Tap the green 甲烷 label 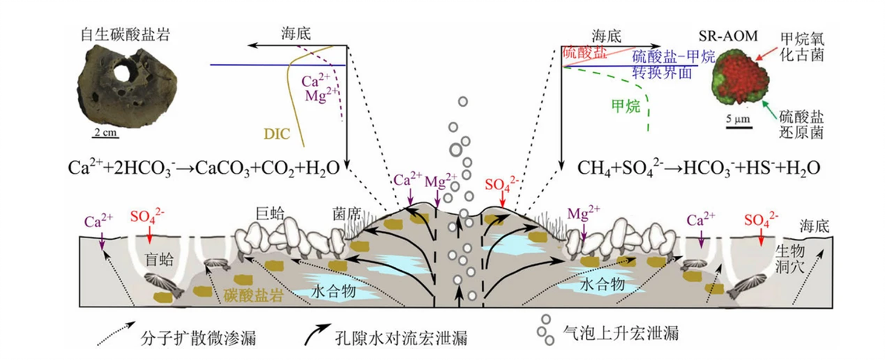point(626,106)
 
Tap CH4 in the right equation point(590,168)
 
